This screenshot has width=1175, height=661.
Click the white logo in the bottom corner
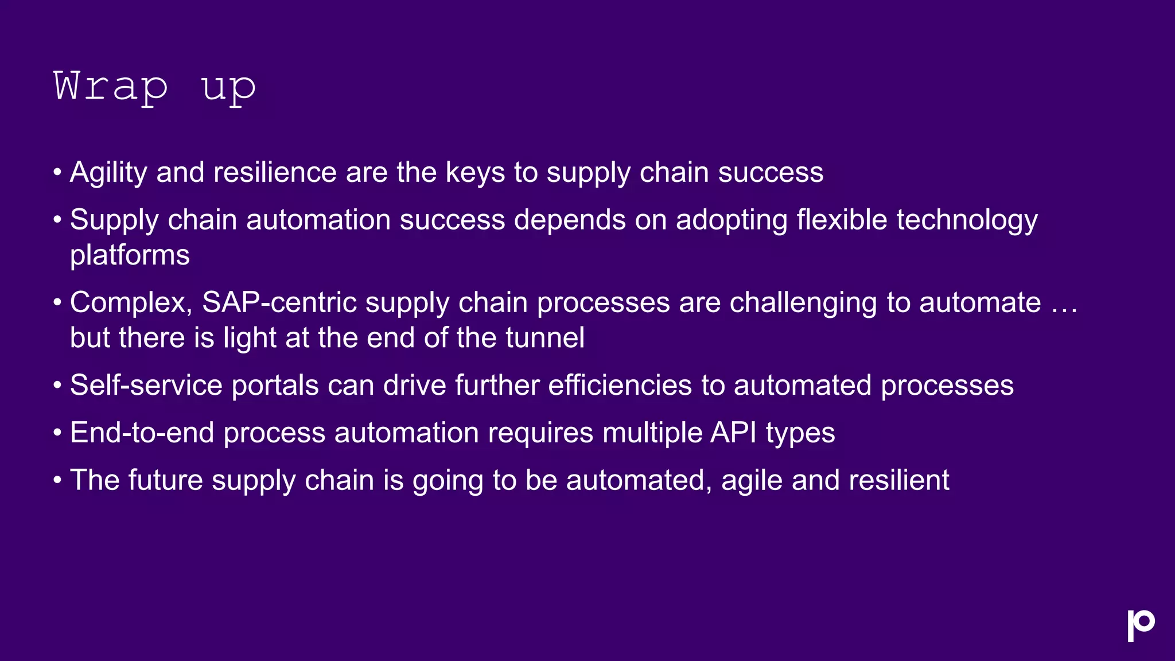(x=1141, y=625)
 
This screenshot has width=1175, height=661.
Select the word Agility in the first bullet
(x=108, y=173)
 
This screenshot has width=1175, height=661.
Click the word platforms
(x=130, y=255)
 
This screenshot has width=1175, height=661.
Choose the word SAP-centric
(x=279, y=302)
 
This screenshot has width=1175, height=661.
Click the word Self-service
(x=146, y=385)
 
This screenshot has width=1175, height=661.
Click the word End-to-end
(x=142, y=433)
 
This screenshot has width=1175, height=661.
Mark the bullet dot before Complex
(x=57, y=302)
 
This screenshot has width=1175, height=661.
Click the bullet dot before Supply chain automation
(x=57, y=220)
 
